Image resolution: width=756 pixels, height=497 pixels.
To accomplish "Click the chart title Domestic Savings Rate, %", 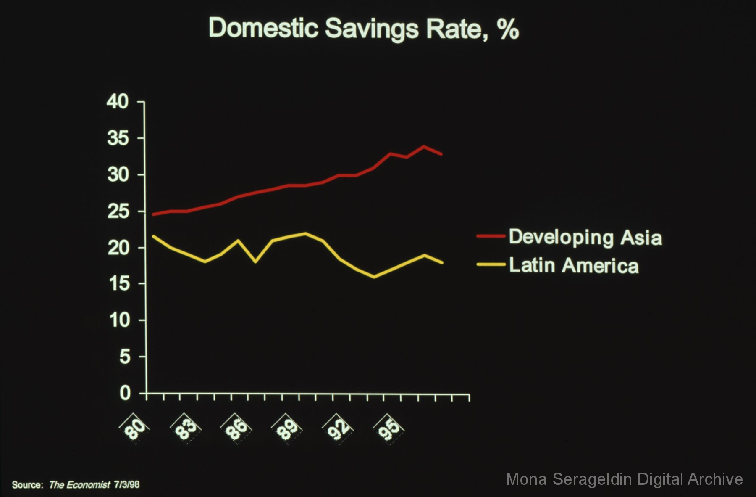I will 364,29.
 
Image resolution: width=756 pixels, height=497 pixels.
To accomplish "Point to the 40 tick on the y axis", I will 118,102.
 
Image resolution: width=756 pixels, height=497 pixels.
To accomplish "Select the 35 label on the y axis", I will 118,138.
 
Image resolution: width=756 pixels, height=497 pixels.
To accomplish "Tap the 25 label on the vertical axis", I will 118,211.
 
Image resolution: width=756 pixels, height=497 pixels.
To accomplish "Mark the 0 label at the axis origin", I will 125,394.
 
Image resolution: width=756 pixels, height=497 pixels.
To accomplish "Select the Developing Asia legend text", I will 585,238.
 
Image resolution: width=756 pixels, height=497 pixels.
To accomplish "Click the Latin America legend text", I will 574,266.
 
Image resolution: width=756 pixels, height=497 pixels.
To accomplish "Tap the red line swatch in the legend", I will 491,236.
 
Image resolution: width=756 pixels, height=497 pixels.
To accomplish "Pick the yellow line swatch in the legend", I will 491,264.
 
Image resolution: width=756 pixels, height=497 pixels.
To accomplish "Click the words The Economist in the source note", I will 79,485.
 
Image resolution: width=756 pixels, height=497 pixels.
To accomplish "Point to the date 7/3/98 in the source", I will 126,485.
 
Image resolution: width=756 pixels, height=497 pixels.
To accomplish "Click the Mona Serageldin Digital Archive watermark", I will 624,479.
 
